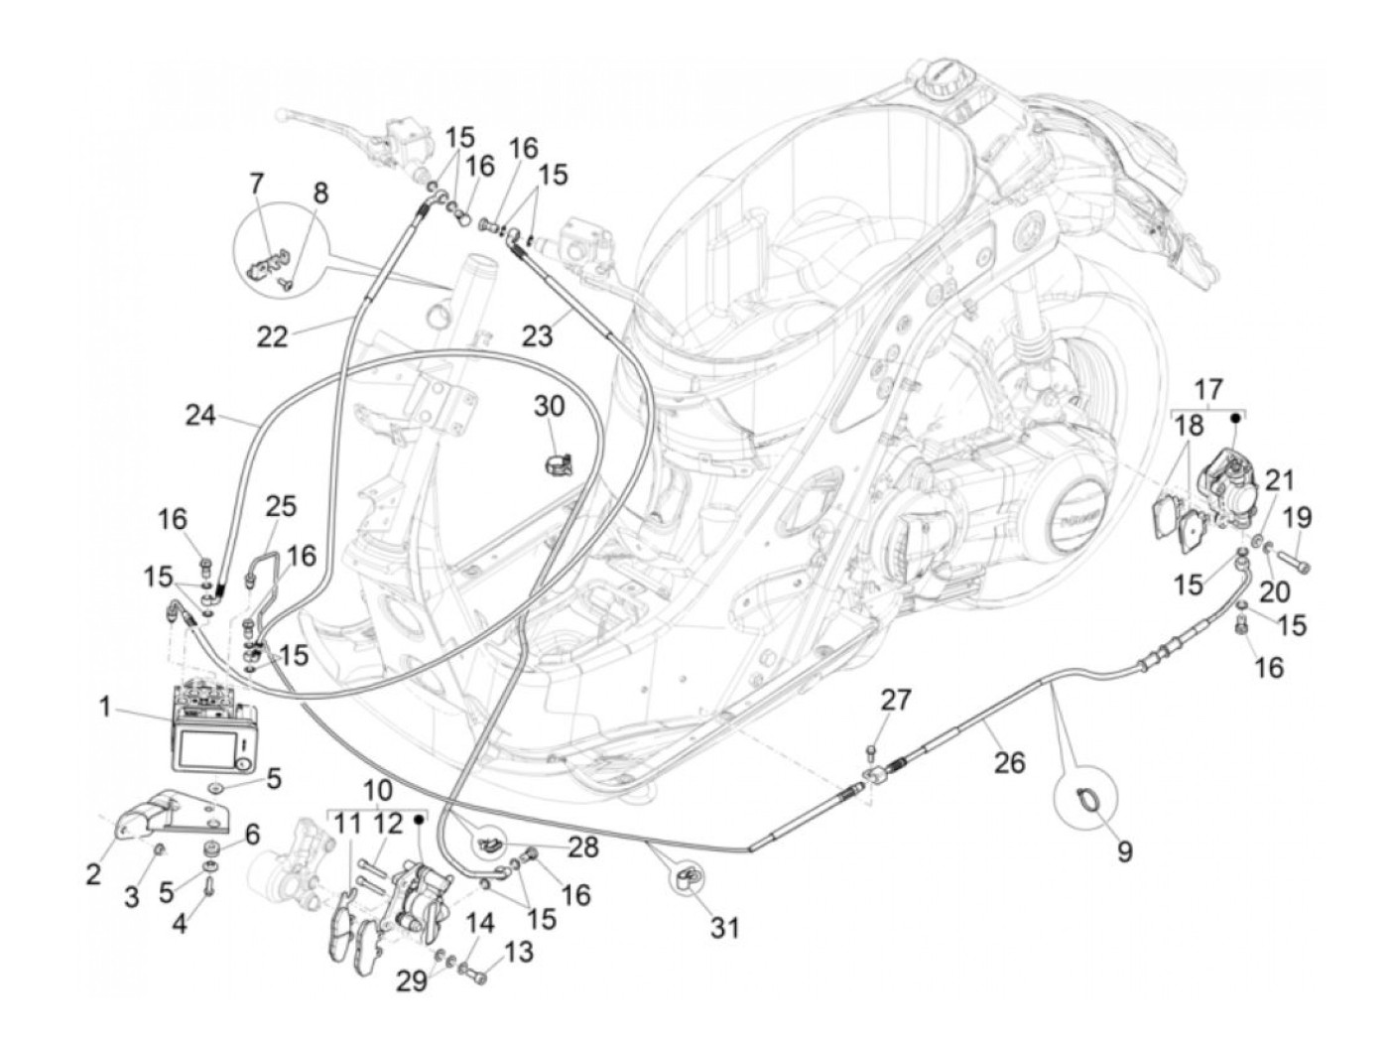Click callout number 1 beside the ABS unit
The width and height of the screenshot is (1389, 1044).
tap(104, 708)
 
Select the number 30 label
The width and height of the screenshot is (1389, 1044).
tap(549, 406)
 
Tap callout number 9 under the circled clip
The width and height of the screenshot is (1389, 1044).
tap(1123, 850)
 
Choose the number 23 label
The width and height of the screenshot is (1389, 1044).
tap(537, 336)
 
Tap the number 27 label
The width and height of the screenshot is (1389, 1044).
tap(896, 700)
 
